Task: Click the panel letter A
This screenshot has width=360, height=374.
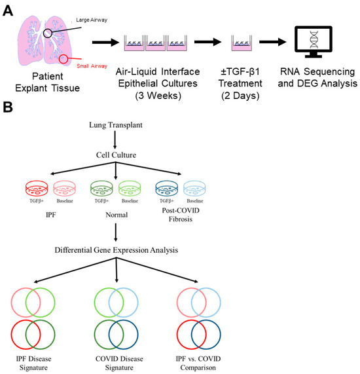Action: tap(8, 11)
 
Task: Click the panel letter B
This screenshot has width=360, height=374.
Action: tap(8, 107)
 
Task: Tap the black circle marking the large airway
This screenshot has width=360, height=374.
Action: tap(44, 33)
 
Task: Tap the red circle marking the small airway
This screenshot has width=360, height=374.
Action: tap(60, 59)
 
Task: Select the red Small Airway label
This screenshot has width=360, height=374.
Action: tap(92, 66)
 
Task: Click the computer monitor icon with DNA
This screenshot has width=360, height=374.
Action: tap(314, 42)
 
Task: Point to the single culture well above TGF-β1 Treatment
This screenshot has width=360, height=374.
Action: tap(242, 43)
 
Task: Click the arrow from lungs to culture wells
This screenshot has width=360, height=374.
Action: tap(105, 43)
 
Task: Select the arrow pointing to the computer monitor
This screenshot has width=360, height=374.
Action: tap(273, 42)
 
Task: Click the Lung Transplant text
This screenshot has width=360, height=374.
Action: tap(116, 125)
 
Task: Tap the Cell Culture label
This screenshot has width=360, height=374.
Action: tap(116, 155)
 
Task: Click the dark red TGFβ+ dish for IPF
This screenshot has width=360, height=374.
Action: tap(37, 189)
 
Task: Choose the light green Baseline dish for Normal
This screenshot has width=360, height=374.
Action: tap(130, 189)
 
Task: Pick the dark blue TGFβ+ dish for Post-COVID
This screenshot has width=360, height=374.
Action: tap(167, 189)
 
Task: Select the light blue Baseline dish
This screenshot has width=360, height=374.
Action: tap(194, 189)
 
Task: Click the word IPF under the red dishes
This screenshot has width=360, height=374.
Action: tap(51, 215)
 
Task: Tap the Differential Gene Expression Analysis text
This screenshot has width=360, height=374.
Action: tap(117, 250)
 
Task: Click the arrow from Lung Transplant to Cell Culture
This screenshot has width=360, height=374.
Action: tap(115, 140)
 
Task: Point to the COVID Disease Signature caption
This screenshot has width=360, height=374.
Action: tap(119, 363)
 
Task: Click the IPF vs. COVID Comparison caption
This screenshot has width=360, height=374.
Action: tap(198, 363)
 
